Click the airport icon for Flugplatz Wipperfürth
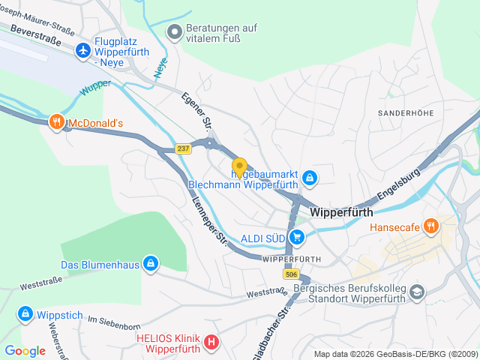[x=82, y=50]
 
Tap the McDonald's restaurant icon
[x=56, y=122]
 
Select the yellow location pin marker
[x=239, y=167]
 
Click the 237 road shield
[x=184, y=148]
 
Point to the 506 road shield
[x=291, y=275]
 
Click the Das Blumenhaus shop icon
[x=151, y=264]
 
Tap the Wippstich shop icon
[x=25, y=313]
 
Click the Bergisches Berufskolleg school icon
[x=418, y=291]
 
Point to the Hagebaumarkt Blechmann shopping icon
[x=310, y=177]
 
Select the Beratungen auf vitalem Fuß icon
[x=174, y=31]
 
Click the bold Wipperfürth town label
[x=341, y=212]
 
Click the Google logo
[x=25, y=350]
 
